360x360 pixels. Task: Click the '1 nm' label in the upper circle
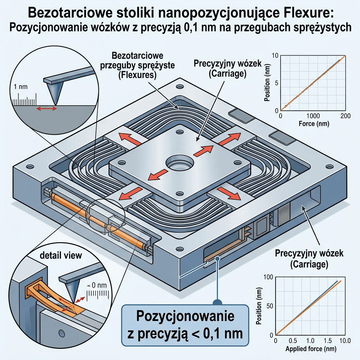20,87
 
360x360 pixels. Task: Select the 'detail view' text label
61,255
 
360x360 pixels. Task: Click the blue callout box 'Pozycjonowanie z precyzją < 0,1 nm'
185,325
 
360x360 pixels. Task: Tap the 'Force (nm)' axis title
314,124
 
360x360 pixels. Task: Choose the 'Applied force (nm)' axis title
311,349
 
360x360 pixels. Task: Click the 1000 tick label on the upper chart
313,116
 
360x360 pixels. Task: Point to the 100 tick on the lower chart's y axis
268,277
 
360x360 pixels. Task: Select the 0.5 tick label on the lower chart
293,340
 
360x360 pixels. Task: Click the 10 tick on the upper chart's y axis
275,56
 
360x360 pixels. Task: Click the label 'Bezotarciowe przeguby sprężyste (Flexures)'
137,65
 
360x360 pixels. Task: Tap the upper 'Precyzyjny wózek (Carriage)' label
227,69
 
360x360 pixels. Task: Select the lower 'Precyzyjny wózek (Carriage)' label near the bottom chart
309,258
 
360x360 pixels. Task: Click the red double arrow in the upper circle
47,108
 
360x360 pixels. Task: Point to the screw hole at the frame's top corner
180,87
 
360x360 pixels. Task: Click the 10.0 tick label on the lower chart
345,340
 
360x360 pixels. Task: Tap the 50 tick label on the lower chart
270,306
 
